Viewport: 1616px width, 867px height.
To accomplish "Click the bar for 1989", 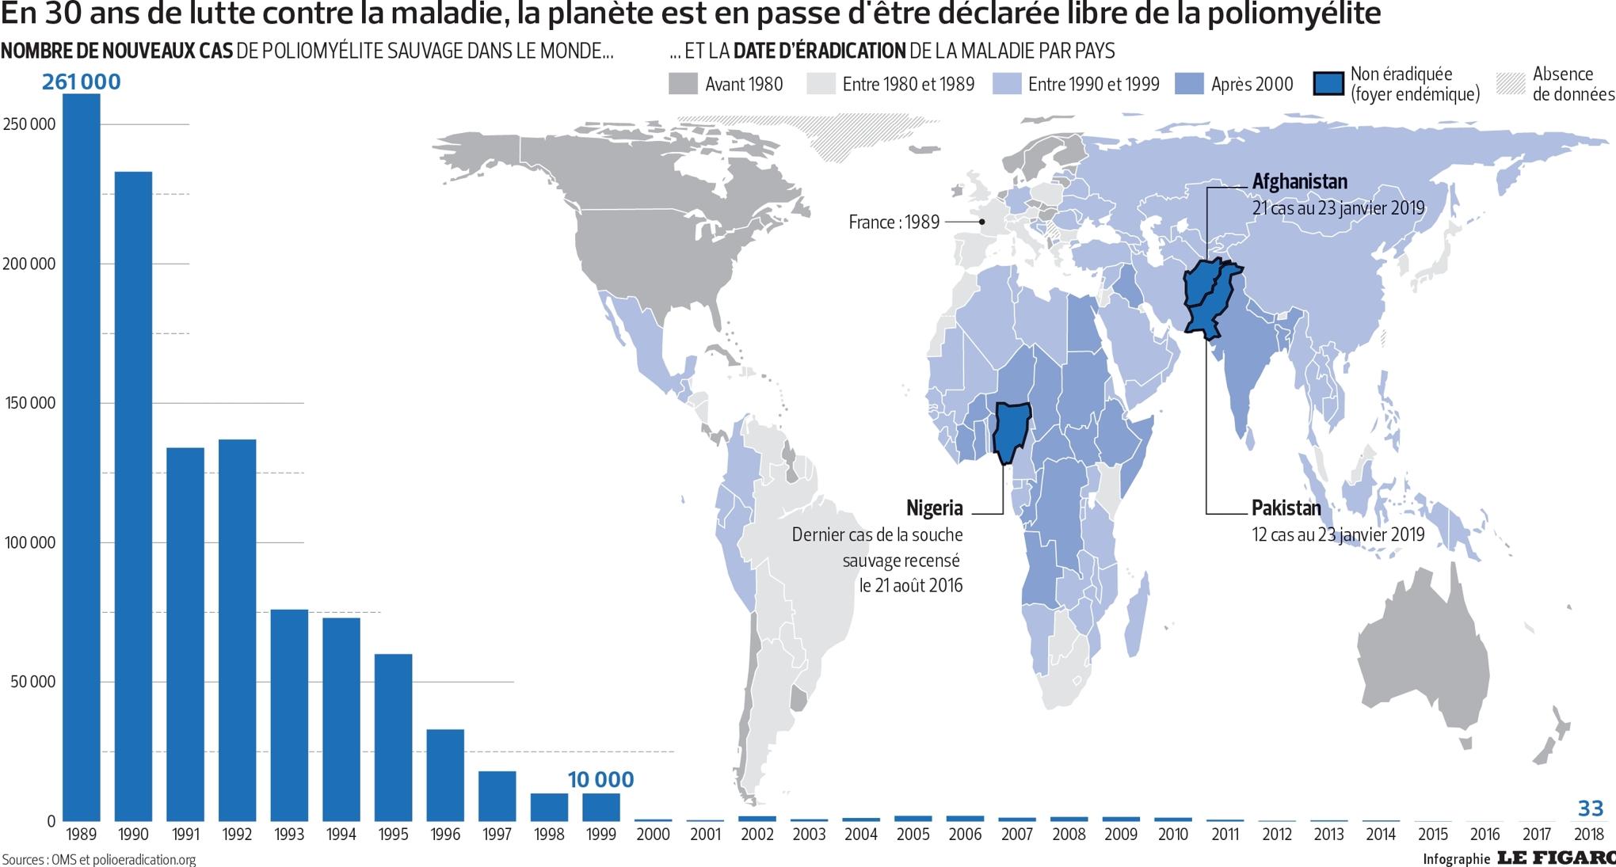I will [82, 458].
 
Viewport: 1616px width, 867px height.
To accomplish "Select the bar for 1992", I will [237, 630].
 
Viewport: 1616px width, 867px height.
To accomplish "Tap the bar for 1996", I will [445, 775].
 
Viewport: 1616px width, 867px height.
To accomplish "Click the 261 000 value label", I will [82, 82].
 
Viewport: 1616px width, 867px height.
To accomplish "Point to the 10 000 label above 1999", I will [600, 780].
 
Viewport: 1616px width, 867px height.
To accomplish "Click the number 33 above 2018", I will [1591, 808].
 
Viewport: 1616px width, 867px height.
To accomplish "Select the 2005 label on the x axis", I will [913, 835].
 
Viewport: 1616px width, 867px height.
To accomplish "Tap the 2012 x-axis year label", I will [1277, 835].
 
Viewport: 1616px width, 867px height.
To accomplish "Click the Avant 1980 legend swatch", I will [683, 84].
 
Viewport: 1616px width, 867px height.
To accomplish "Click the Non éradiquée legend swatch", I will [1328, 84].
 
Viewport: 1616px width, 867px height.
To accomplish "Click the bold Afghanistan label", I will [1299, 181].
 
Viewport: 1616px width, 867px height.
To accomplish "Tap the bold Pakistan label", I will [1286, 508].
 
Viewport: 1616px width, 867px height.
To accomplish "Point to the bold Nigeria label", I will [935, 508].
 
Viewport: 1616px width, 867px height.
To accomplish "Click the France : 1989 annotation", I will [894, 222].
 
